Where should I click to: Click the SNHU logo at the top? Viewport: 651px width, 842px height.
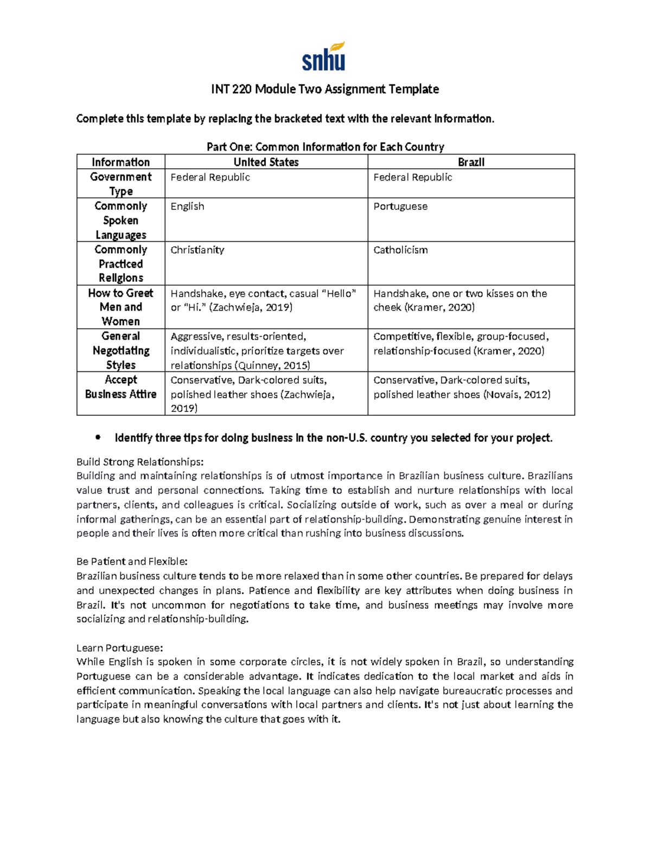tap(324, 57)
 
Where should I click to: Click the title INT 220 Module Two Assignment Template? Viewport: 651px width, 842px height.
tap(325, 89)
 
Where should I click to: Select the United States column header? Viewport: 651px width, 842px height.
tap(266, 162)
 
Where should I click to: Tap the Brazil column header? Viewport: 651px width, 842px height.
tap(471, 162)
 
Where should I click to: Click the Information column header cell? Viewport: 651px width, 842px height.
tap(120, 162)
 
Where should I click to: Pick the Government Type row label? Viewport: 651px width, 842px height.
tap(120, 184)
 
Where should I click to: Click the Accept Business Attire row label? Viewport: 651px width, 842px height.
tap(120, 387)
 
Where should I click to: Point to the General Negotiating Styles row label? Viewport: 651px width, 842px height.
tap(120, 350)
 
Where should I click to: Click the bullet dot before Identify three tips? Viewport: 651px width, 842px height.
tap(98, 438)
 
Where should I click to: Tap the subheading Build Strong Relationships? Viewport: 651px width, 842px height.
tap(140, 462)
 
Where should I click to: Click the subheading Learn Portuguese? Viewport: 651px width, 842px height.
tap(119, 648)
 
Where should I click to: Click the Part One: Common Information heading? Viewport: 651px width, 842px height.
tap(325, 147)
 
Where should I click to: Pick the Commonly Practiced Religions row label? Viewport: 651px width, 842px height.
tap(120, 263)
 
